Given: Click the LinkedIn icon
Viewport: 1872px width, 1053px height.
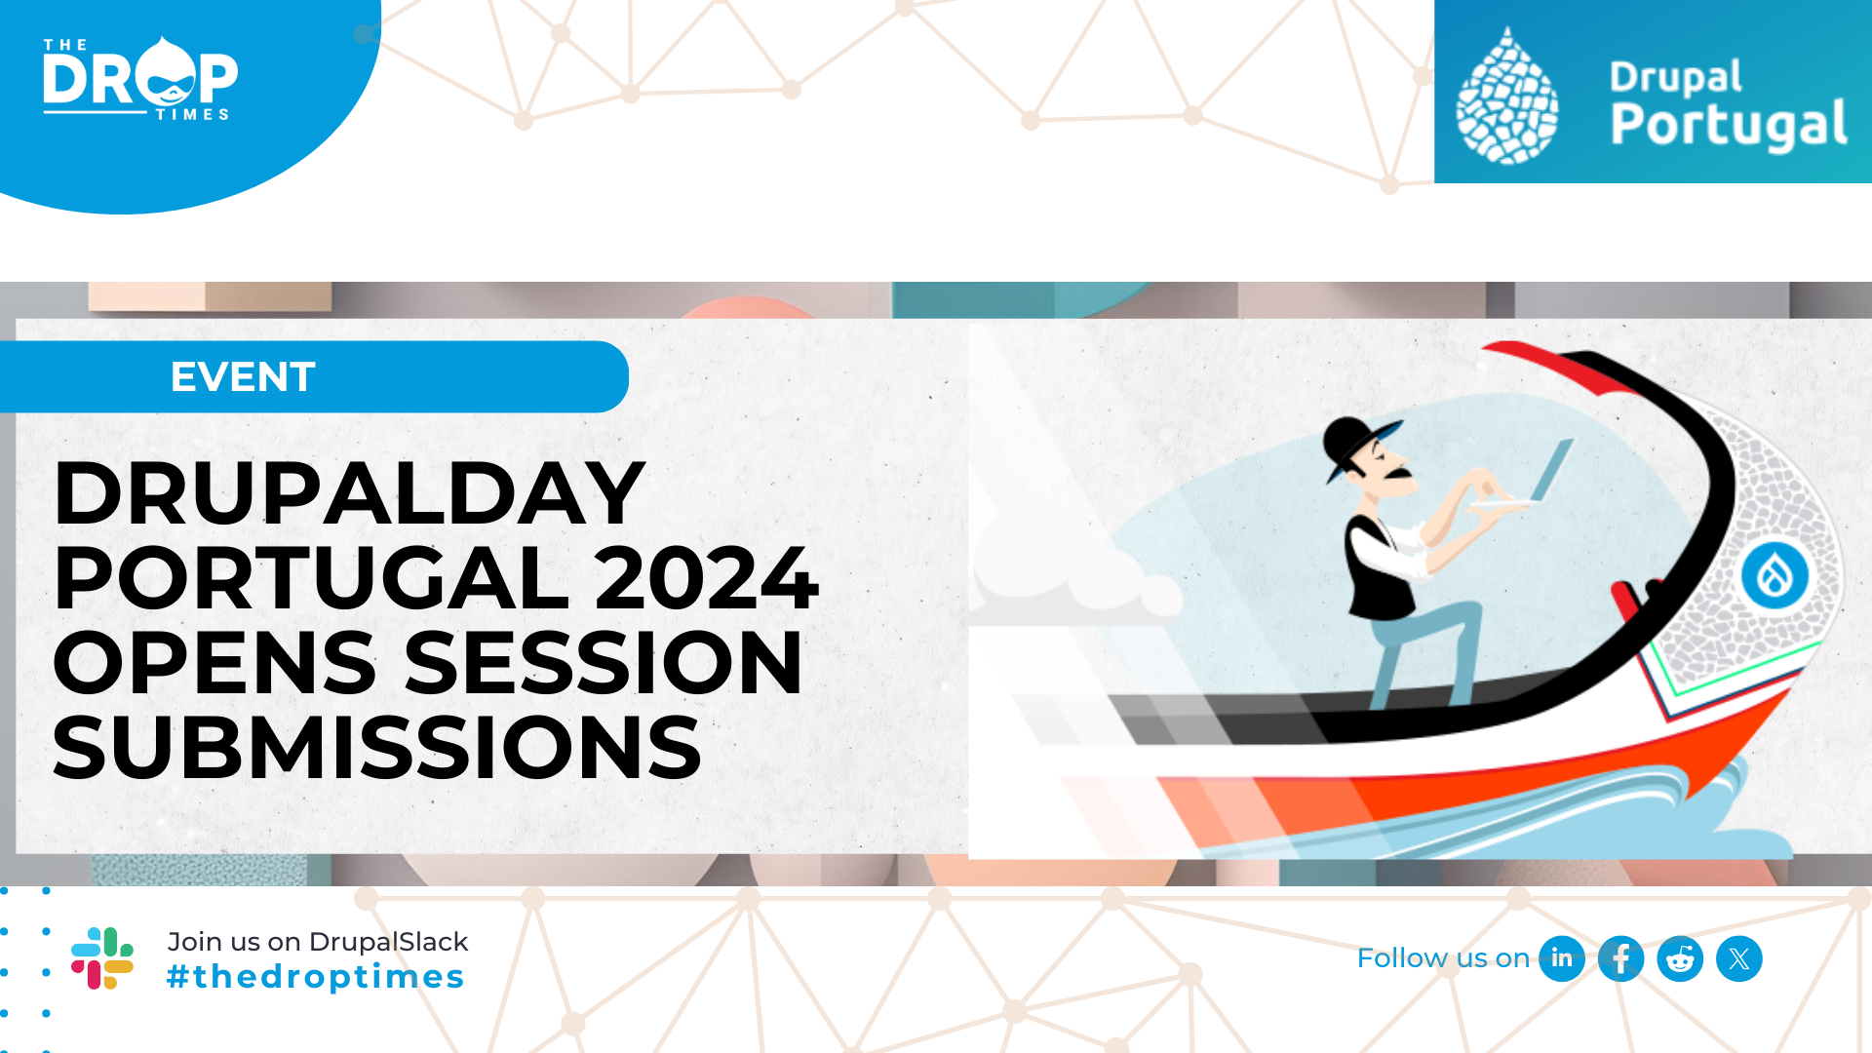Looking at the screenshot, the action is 1561,958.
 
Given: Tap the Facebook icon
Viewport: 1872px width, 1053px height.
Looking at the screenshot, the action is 1620,958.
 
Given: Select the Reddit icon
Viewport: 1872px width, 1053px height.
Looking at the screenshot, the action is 1680,958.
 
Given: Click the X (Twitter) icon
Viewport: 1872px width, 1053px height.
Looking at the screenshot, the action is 1739,958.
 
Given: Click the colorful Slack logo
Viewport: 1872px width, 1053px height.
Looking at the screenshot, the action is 102,958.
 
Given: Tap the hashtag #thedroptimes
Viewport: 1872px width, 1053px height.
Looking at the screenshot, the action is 315,977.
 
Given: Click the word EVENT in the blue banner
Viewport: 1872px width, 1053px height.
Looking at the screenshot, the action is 243,376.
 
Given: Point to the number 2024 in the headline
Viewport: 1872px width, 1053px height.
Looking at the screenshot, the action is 707,578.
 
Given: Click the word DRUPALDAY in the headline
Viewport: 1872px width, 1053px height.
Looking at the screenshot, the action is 349,493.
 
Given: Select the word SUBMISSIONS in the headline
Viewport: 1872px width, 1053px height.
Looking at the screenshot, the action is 377,748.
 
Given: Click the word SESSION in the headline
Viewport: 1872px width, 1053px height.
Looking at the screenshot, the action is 604,663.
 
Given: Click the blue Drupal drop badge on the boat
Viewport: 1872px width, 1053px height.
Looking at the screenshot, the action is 1774,575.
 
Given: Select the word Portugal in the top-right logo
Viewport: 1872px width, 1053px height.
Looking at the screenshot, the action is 1729,125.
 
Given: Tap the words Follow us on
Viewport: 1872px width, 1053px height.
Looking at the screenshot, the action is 1443,958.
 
